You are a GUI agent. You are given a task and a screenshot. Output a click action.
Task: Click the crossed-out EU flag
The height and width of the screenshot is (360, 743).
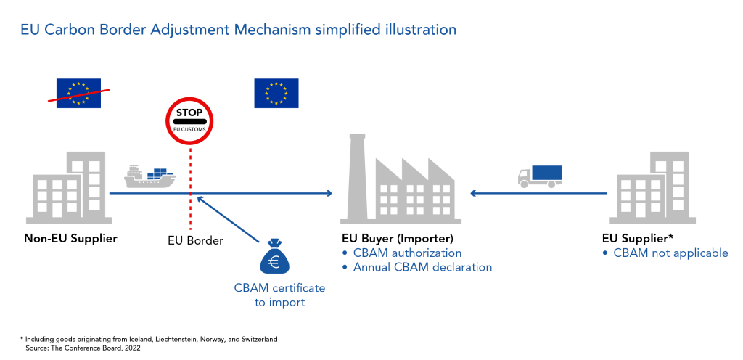pyautogui.click(x=78, y=93)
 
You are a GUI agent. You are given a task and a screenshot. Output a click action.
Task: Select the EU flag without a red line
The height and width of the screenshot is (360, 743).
pyautogui.click(x=276, y=93)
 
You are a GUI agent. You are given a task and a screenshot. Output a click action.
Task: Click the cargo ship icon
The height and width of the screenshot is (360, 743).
pyautogui.click(x=150, y=176)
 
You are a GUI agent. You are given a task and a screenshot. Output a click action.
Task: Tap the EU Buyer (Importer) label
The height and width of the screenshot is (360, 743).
pyautogui.click(x=397, y=238)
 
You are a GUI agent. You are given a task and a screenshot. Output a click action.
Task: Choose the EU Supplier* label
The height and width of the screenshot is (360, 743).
pyautogui.click(x=637, y=238)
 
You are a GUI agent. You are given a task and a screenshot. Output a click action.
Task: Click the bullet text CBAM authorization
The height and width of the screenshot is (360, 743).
pyautogui.click(x=406, y=253)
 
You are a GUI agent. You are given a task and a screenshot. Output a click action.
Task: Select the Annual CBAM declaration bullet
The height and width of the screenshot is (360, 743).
pyautogui.click(x=422, y=267)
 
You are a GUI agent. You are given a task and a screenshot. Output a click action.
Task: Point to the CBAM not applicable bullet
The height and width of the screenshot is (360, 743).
pyautogui.click(x=670, y=253)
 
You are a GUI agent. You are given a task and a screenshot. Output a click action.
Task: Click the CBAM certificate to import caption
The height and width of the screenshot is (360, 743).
pyautogui.click(x=279, y=295)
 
